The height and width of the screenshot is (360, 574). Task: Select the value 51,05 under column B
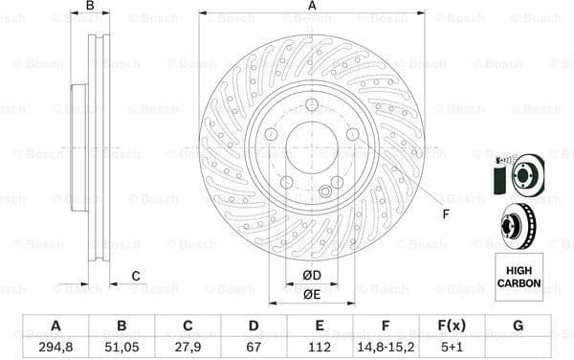(x=121, y=345)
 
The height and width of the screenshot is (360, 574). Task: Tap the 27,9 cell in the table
(x=188, y=345)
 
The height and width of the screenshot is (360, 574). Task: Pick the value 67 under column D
(x=254, y=345)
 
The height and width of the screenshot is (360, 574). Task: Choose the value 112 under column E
(x=320, y=345)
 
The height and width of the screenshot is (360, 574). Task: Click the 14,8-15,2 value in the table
(x=386, y=345)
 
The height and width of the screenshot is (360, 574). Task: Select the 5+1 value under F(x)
(x=452, y=345)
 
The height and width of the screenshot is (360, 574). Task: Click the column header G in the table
(x=518, y=326)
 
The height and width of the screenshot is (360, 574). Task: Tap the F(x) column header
(x=452, y=326)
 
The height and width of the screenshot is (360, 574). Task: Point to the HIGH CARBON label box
(x=519, y=277)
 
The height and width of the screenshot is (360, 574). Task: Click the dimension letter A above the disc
(x=312, y=7)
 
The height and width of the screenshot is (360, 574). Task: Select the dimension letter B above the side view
(x=91, y=7)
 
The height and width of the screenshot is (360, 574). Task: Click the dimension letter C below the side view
(x=135, y=277)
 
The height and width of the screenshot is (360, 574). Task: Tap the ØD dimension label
(x=312, y=276)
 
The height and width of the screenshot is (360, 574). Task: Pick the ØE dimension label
(x=312, y=294)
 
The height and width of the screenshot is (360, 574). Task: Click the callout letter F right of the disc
(x=445, y=214)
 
